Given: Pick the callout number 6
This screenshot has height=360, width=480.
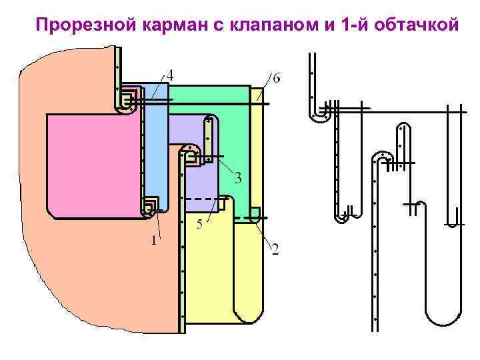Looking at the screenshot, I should [x=276, y=78].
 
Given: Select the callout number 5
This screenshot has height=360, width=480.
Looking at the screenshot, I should [x=199, y=225].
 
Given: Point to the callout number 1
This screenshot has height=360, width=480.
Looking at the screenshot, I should [x=153, y=241].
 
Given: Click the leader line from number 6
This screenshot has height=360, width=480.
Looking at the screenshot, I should [x=265, y=87].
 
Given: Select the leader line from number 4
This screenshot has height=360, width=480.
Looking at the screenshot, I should [x=159, y=87].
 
